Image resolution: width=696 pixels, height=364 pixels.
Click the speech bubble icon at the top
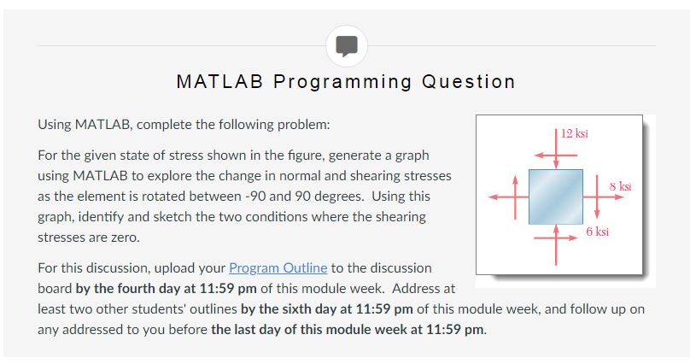[x=347, y=45]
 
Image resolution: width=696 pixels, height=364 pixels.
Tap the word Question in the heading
[x=468, y=82]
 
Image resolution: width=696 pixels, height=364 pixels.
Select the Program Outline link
[x=278, y=267]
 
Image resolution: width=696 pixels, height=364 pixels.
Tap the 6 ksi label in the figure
[x=597, y=232]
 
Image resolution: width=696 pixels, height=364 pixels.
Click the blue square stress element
[x=555, y=197]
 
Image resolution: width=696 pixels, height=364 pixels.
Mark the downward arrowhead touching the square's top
[x=555, y=163]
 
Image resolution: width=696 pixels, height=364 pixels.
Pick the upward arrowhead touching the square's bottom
[x=555, y=230]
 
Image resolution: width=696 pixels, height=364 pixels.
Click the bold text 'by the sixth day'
[x=295, y=308]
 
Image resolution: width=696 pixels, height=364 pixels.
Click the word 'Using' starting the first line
[x=56, y=125]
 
